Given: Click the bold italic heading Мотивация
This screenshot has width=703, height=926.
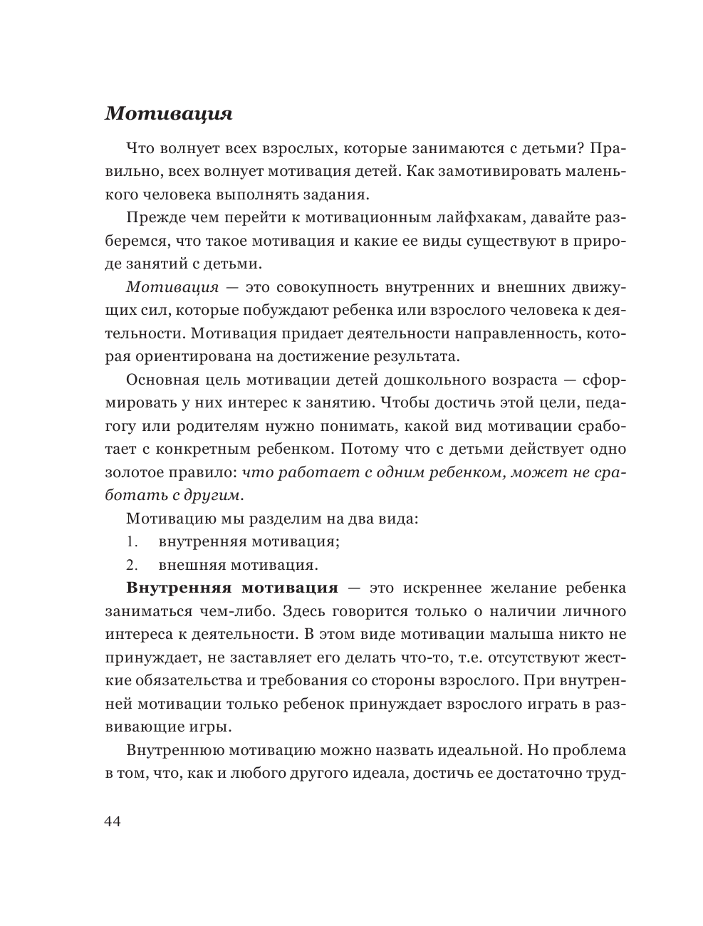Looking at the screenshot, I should (x=168, y=114).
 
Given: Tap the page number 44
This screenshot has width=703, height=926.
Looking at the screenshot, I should (x=113, y=821).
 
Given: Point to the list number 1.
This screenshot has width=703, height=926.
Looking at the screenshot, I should (x=131, y=541).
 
